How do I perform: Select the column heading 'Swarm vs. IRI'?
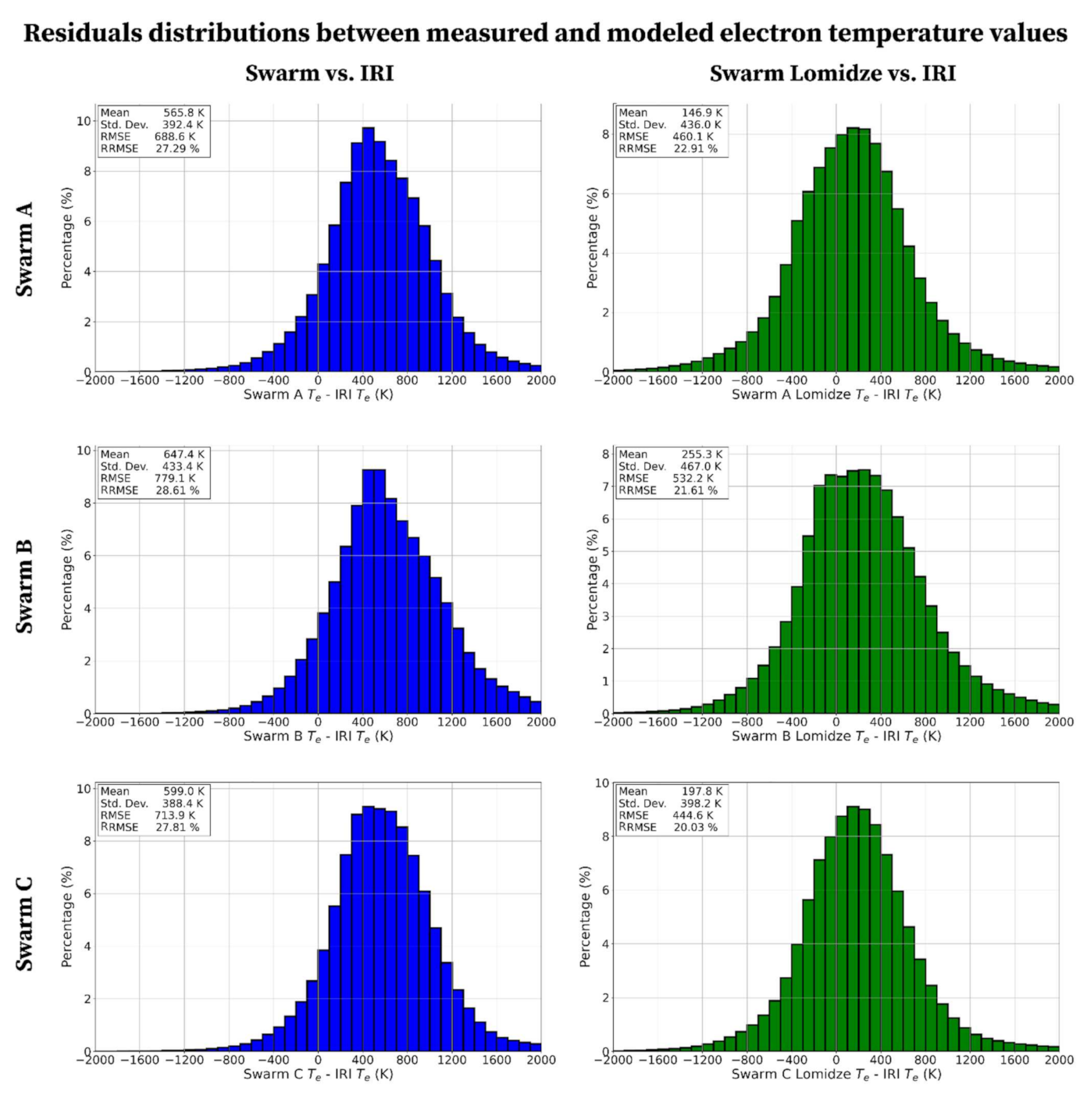pos(319,73)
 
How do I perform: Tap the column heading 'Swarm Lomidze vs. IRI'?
pos(832,73)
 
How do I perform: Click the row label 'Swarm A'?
pos(25,249)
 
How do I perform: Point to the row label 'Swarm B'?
pos(25,587)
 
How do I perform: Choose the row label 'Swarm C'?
pos(25,924)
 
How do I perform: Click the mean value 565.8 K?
pos(184,113)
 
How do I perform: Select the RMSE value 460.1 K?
pos(693,137)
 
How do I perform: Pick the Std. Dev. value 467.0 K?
pos(700,466)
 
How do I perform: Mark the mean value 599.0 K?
pos(184,791)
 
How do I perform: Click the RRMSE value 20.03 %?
pos(696,827)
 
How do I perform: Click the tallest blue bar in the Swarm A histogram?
pos(369,250)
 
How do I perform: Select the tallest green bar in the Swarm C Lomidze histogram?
pos(853,929)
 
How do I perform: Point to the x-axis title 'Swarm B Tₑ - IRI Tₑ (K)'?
pos(318,736)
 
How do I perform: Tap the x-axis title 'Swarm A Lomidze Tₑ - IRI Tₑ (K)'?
pos(836,395)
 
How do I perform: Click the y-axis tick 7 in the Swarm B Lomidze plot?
pos(605,487)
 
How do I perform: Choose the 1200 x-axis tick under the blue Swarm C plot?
pos(451,1060)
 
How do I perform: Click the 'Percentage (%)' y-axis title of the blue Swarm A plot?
pos(67,238)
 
